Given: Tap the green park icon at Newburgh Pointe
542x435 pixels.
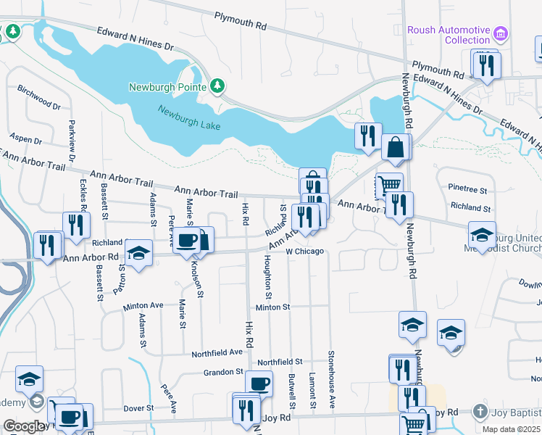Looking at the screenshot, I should click(x=217, y=87).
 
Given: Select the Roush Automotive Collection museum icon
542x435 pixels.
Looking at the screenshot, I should click(x=501, y=34).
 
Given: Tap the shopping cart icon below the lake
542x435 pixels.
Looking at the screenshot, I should click(x=390, y=184).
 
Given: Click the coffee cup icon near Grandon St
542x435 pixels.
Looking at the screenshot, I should click(x=259, y=383).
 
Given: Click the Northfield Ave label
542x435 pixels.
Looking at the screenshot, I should click(x=217, y=353).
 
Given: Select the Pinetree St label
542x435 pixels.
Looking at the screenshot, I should click(x=467, y=189).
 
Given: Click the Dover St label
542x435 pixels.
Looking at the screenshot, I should click(x=138, y=408).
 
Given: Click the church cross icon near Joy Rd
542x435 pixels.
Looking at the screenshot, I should click(x=479, y=412).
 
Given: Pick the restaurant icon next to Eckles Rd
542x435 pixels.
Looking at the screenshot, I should click(x=75, y=224).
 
